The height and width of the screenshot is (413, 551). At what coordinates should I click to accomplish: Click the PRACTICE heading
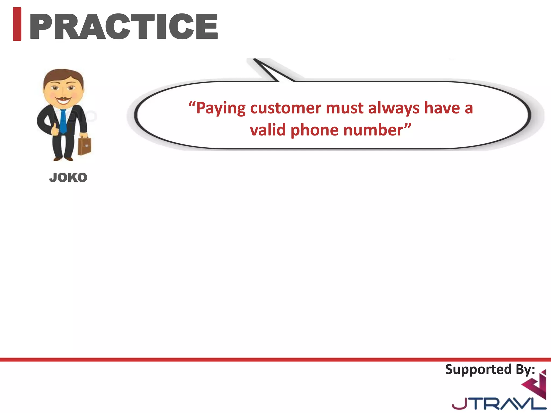click(x=124, y=26)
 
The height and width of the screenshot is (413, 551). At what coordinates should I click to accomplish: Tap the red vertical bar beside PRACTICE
click(x=17, y=24)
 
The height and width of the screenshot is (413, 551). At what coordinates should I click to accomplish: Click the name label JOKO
click(x=68, y=178)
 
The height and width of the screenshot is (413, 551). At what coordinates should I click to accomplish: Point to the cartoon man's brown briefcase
click(x=84, y=146)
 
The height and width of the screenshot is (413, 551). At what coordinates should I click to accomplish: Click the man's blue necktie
click(x=63, y=121)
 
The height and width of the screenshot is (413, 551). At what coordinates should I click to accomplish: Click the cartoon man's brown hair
click(x=63, y=75)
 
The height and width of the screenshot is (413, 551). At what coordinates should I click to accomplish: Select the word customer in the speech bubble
click(x=286, y=108)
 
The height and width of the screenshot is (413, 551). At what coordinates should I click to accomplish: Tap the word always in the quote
click(x=394, y=108)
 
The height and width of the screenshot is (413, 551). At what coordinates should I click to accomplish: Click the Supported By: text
click(x=490, y=369)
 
